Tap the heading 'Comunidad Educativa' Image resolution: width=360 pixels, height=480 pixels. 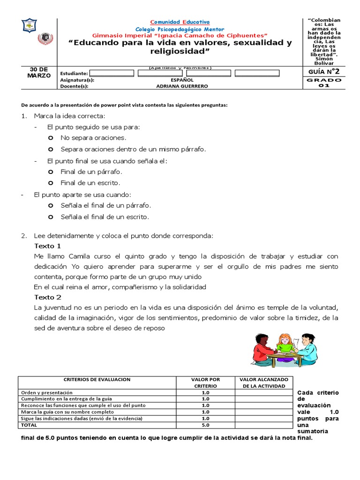(x=180, y=22)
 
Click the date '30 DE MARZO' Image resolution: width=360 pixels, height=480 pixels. (x=40, y=72)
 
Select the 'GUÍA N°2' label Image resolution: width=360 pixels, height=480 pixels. (x=323, y=71)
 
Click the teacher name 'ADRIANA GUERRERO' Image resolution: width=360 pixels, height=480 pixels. (x=182, y=86)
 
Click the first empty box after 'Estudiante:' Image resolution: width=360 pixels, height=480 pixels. (x=111, y=73)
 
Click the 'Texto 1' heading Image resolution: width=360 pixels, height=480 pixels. (x=47, y=246)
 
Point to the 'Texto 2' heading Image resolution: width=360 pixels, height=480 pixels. (x=47, y=297)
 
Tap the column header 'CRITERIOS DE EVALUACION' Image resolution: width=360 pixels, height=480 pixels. (x=97, y=379)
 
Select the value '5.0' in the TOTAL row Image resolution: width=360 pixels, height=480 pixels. (x=205, y=425)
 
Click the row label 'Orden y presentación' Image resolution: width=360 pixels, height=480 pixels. (x=46, y=392)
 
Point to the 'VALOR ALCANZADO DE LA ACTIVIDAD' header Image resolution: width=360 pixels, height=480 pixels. (x=265, y=382)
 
